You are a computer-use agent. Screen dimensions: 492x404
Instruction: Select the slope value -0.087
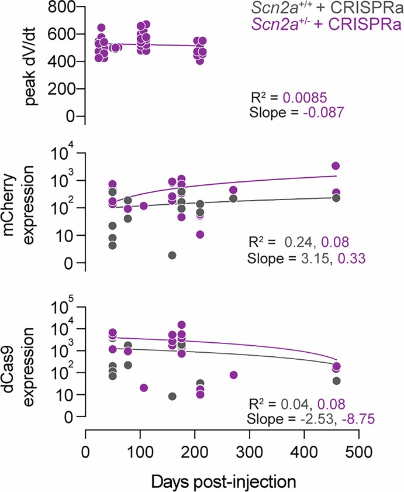tap(315, 112)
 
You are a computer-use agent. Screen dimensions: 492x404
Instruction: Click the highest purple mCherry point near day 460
tap(336, 166)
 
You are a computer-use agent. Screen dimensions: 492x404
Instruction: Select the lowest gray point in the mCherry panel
tap(172, 255)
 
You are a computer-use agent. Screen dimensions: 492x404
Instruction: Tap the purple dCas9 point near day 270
tap(233, 375)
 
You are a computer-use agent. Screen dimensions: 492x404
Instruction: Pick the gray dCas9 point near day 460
tap(336, 380)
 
